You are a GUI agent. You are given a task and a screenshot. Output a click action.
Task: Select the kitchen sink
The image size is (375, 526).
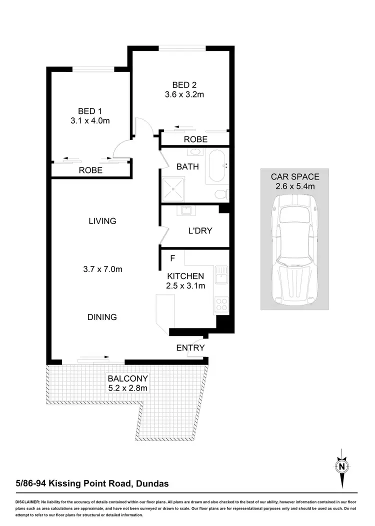(221, 275)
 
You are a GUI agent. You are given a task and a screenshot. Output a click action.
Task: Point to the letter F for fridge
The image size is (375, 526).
(172, 258)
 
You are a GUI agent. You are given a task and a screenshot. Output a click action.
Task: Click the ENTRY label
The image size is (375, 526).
(190, 347)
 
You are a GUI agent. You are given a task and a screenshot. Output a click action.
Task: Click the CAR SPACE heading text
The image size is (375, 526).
(295, 176)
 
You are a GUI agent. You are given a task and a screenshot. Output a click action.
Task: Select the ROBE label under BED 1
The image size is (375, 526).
(90, 170)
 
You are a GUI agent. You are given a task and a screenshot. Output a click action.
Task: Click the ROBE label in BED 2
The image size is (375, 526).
(195, 139)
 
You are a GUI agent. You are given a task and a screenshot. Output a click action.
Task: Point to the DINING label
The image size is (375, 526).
(102, 317)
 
